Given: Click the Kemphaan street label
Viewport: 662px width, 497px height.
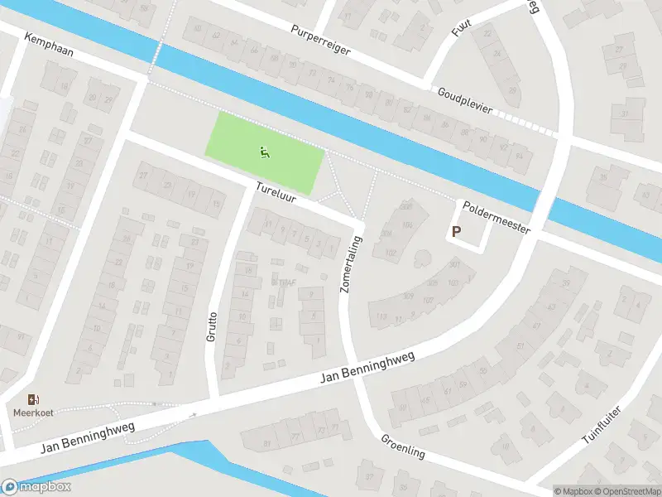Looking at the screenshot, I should (x=49, y=46).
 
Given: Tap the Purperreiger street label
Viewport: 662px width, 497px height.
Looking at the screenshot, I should (x=321, y=40).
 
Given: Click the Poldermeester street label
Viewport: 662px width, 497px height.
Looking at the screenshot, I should (x=496, y=218).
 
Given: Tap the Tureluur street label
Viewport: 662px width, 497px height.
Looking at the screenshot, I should (x=276, y=194).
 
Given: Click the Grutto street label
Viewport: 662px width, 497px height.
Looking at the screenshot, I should (x=212, y=327).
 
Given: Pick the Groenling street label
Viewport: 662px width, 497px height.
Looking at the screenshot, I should (x=403, y=446).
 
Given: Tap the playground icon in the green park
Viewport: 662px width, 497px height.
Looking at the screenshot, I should (x=263, y=152).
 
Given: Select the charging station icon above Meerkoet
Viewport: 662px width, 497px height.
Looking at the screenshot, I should (x=32, y=399).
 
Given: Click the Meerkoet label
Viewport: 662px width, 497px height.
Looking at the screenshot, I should (x=32, y=413).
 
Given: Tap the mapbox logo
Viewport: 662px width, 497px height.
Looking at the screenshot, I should (x=36, y=486).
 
